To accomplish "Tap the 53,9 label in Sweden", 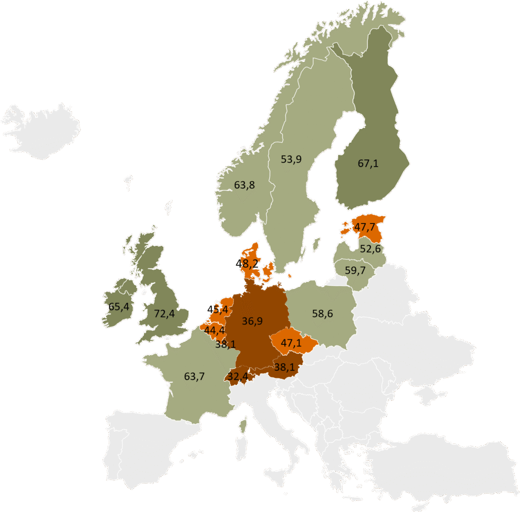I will pyautogui.click(x=291, y=159).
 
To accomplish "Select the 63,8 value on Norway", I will pyautogui.click(x=244, y=185).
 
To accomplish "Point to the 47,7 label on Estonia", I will pyautogui.click(x=365, y=227).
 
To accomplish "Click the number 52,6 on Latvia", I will pyautogui.click(x=370, y=249).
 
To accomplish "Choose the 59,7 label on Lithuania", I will pyautogui.click(x=355, y=270).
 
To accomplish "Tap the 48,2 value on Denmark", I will pyautogui.click(x=247, y=264).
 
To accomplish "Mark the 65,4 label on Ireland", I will pyautogui.click(x=118, y=306).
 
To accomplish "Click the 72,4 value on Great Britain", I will pyautogui.click(x=164, y=314).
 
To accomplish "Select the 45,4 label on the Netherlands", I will pyautogui.click(x=217, y=309).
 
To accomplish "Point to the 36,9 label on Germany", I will pyautogui.click(x=252, y=321).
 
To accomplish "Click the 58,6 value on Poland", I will pyautogui.click(x=322, y=314).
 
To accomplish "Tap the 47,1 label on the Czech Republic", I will pyautogui.click(x=291, y=343).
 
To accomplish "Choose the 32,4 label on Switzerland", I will pyautogui.click(x=238, y=376).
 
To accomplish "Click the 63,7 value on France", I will pyautogui.click(x=194, y=376).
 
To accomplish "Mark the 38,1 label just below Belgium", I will pyautogui.click(x=225, y=344).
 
